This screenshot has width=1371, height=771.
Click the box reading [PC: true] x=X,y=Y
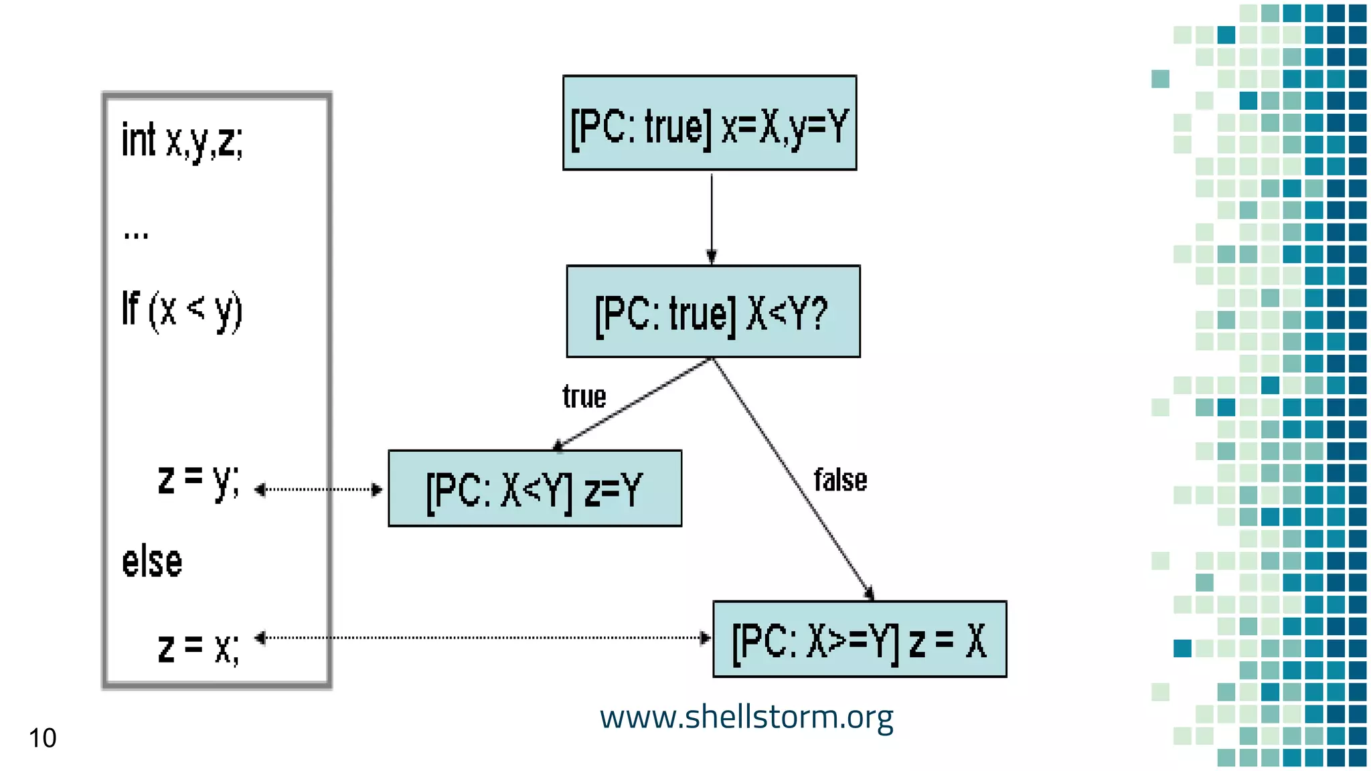tap(710, 123)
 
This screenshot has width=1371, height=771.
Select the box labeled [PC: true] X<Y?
tap(713, 312)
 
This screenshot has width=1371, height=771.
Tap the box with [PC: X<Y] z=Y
tap(535, 489)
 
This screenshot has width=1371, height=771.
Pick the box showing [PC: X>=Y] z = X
tap(860, 640)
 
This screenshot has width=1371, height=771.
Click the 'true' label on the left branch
tap(584, 397)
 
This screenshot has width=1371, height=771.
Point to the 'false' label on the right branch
tap(840, 481)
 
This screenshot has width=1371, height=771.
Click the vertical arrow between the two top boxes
tap(712, 218)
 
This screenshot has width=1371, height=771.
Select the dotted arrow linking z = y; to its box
tap(319, 489)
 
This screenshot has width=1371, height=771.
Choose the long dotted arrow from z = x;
tap(482, 638)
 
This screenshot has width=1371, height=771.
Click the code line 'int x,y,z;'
tap(182, 141)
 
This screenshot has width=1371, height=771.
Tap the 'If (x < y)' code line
tap(181, 311)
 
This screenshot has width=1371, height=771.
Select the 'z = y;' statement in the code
tap(198, 481)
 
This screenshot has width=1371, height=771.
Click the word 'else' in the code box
tap(152, 562)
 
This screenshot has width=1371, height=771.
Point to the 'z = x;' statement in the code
tap(198, 647)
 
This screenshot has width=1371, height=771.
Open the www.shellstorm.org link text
tap(746, 717)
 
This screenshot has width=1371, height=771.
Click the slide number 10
tap(42, 738)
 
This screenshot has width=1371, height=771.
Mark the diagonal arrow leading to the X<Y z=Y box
tap(633, 404)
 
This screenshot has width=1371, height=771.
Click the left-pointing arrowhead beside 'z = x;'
tap(260, 638)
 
